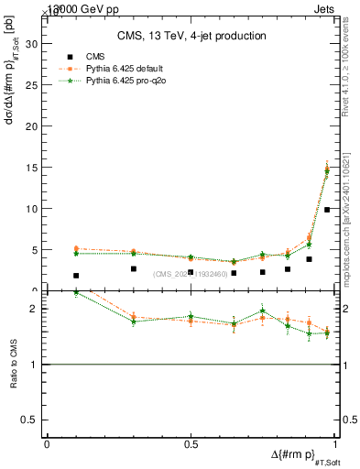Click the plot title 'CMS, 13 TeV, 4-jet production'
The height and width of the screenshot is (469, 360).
click(x=191, y=36)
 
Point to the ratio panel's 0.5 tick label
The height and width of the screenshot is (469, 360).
click(x=35, y=420)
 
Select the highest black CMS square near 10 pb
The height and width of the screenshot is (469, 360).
click(x=327, y=210)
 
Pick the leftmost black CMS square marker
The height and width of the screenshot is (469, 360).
click(x=76, y=276)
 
